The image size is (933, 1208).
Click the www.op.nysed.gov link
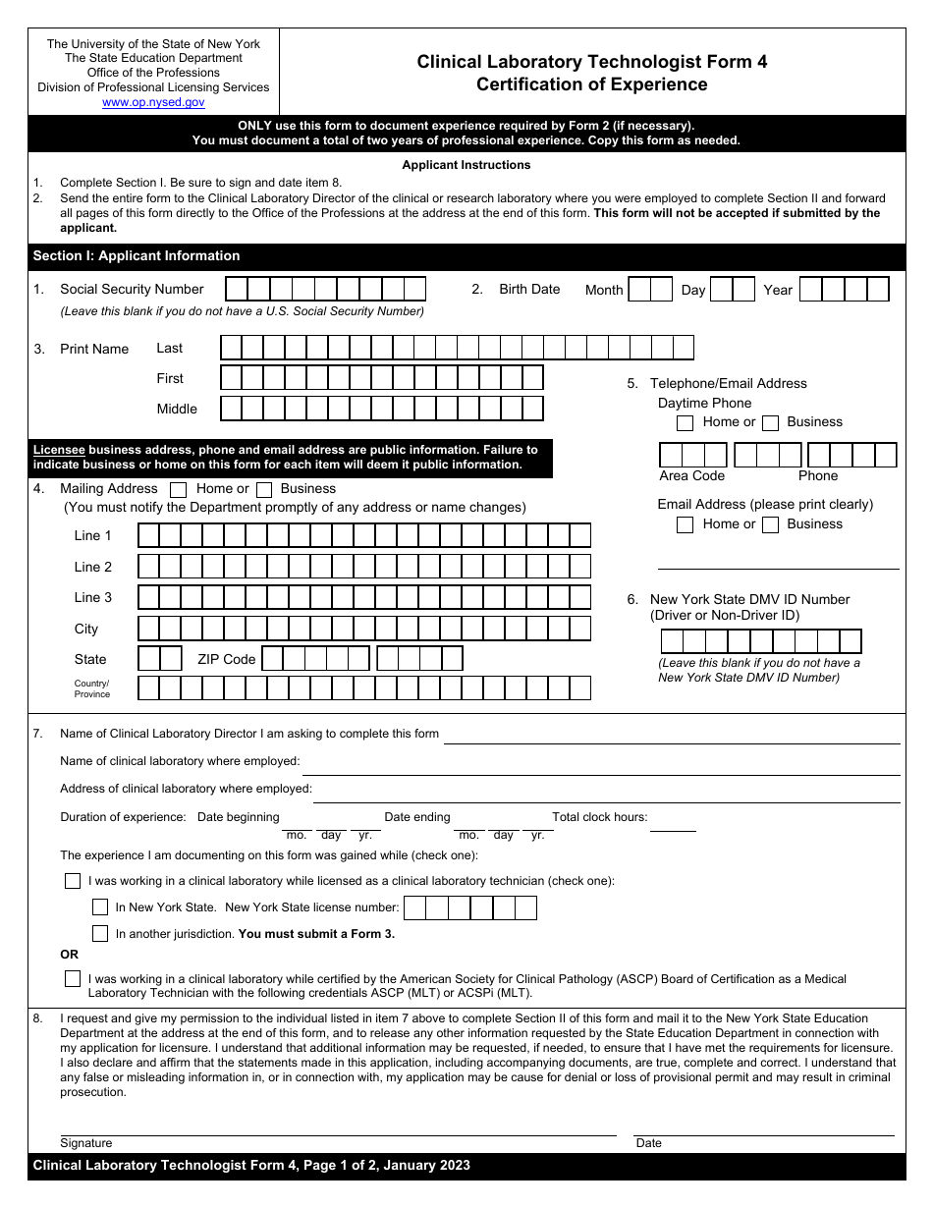pos(153,102)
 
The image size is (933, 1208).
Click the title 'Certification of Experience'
pos(591,84)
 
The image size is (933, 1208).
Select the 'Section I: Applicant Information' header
pos(137,256)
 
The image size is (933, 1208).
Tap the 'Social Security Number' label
pos(132,289)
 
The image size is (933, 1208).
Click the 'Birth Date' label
pos(529,289)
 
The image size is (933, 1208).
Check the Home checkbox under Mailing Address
pos(179,489)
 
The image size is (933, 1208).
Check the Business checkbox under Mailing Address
pos(264,489)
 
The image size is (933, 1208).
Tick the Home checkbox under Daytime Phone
pos(686,422)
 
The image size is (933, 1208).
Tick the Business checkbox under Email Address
pos(771,524)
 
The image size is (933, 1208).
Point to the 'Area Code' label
pos(691,476)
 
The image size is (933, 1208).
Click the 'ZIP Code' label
pos(226,659)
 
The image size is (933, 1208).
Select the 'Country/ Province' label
pos(92,688)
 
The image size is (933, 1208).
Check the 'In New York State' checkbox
pos(100,907)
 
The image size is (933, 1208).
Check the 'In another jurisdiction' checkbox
pos(100,934)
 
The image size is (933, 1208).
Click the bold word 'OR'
pos(69,955)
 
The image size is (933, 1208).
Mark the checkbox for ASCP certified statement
pos(73,979)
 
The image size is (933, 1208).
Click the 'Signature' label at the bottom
pos(86,1143)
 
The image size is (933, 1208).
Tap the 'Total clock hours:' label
pos(599,817)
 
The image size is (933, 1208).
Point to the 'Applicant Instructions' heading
pos(466,165)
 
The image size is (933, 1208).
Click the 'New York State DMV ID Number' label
pos(749,599)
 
